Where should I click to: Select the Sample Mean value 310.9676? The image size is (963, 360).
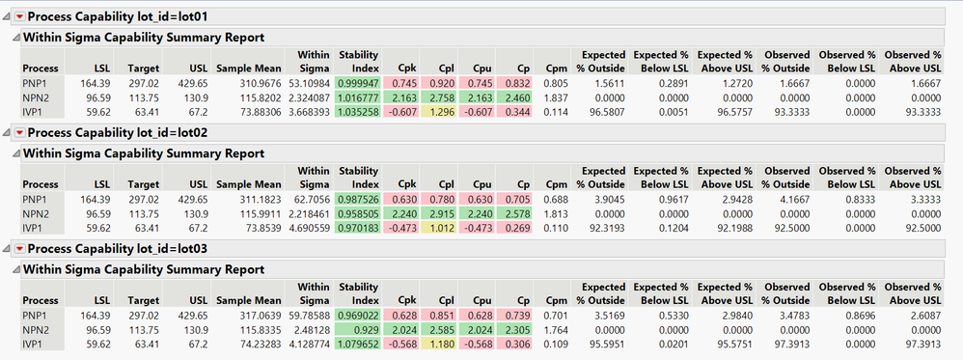(x=254, y=83)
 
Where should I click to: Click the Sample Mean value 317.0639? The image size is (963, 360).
(x=254, y=315)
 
